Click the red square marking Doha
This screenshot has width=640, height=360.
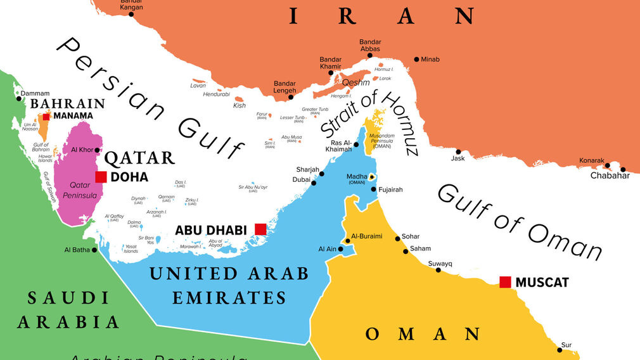[101, 177]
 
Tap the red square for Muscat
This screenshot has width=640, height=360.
[505, 282]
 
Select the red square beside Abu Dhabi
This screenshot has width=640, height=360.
[260, 229]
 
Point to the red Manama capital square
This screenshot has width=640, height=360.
[46, 116]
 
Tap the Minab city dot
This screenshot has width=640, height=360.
[416, 60]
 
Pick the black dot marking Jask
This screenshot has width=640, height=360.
[458, 151]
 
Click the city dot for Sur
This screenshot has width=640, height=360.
[560, 349]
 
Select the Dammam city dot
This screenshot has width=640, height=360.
[18, 98]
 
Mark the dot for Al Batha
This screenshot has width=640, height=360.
[94, 250]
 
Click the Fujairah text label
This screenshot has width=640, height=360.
[390, 190]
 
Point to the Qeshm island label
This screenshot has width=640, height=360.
[355, 82]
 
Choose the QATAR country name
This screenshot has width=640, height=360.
[139, 158]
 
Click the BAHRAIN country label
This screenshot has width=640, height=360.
[68, 103]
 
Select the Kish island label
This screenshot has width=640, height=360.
[239, 106]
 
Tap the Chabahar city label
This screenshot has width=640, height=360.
[610, 176]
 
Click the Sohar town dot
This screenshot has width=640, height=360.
[397, 238]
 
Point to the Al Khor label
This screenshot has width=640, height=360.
[82, 150]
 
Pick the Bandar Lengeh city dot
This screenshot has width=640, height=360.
[291, 97]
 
